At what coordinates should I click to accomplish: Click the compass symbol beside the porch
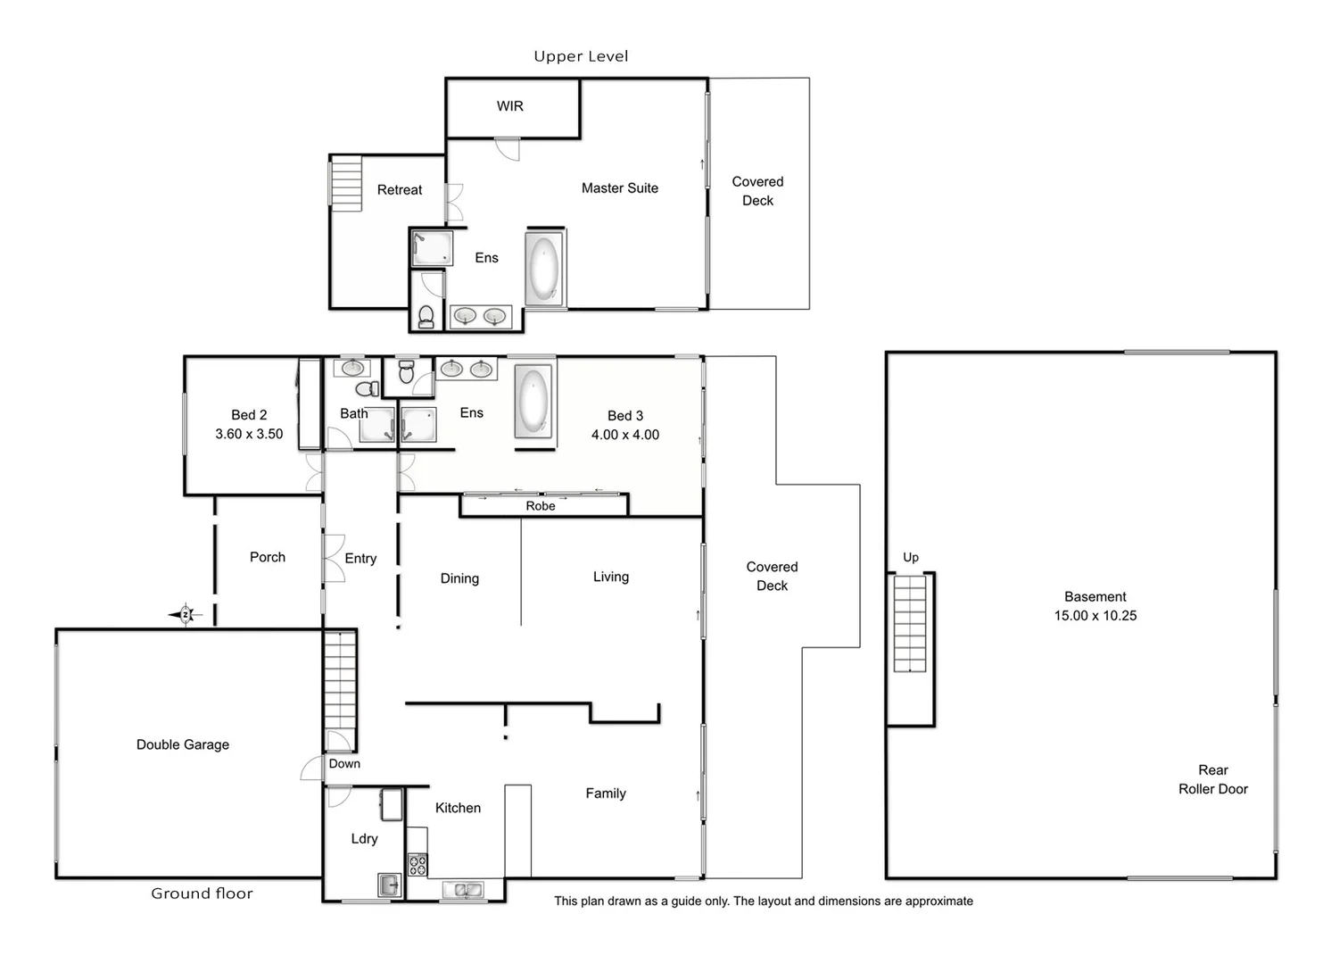point(186,614)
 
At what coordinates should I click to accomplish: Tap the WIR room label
point(510,106)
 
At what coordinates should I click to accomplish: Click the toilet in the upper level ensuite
point(426,316)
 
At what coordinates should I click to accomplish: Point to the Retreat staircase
point(346,183)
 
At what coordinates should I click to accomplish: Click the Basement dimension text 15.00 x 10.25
point(1095,616)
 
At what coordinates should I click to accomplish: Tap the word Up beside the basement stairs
point(910,557)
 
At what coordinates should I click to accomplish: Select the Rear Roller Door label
point(1212,779)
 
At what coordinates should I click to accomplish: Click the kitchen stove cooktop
point(417,864)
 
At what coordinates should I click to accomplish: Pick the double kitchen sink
point(463,890)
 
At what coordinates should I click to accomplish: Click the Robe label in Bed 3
point(541,506)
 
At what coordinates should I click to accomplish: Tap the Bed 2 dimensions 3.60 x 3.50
point(249,434)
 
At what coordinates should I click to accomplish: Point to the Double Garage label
point(183,744)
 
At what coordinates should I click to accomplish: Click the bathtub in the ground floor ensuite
point(533,403)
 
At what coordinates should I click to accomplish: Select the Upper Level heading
point(581,56)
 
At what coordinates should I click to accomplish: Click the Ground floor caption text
point(202,893)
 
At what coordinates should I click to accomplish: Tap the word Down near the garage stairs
point(344,764)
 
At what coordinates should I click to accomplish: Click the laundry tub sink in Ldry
point(389,885)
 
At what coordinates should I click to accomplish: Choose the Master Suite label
point(620,188)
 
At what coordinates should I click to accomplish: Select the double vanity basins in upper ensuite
point(480,316)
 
